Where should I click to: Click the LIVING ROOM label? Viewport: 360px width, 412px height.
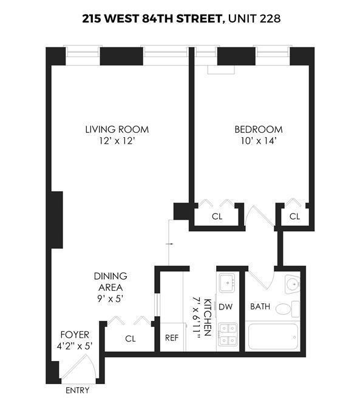tap(117, 129)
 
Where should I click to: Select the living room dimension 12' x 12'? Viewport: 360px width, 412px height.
tap(117, 141)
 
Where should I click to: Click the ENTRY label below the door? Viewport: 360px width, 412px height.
tap(77, 390)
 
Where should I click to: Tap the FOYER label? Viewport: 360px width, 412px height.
tap(75, 334)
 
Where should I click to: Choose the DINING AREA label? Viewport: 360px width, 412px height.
tap(110, 282)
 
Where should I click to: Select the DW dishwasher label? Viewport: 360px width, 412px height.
tap(226, 307)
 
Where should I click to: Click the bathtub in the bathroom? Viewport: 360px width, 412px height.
tap(273, 337)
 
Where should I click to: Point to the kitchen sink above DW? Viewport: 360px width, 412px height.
tap(228, 283)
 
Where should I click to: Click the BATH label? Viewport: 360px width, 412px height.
tap(260, 307)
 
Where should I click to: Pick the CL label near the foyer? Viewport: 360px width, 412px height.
tap(131, 339)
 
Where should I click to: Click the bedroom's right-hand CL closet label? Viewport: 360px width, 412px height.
tap(295, 216)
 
